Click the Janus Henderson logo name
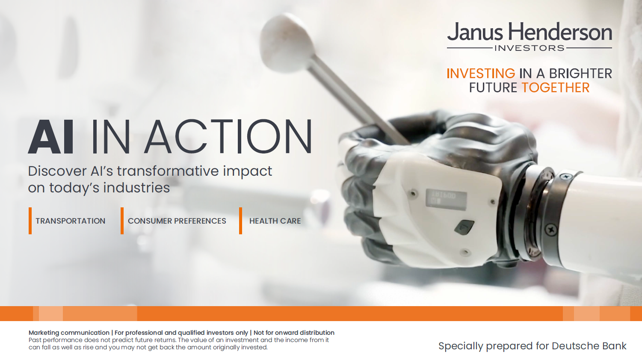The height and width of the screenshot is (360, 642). click(x=530, y=32)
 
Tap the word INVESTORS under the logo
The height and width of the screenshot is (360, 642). click(x=530, y=48)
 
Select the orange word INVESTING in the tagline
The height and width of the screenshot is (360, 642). click(x=481, y=74)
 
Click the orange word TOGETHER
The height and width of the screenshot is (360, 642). click(x=556, y=88)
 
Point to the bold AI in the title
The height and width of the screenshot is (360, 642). click(x=51, y=137)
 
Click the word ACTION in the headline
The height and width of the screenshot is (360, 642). click(x=228, y=137)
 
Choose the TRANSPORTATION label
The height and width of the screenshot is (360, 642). click(x=71, y=221)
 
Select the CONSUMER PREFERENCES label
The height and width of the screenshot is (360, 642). click(x=177, y=221)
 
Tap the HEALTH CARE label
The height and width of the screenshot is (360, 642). click(x=275, y=221)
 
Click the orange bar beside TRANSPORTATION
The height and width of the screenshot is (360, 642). click(x=30, y=221)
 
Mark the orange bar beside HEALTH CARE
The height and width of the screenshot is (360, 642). click(x=240, y=221)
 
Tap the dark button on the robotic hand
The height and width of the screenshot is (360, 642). click(x=464, y=227)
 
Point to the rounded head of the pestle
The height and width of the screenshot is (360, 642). click(x=287, y=43)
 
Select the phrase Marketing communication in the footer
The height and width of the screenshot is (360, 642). click(x=69, y=333)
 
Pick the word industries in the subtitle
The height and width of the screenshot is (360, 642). click(x=136, y=188)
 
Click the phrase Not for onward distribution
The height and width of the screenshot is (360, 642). click(x=294, y=333)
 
